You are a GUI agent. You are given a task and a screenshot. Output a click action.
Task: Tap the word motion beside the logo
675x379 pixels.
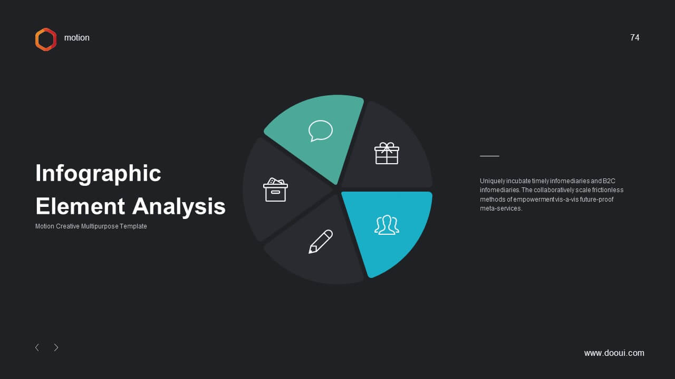click(x=77, y=37)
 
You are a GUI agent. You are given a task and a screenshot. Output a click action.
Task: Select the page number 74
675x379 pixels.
click(x=634, y=37)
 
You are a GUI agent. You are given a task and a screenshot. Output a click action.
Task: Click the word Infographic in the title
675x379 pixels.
click(x=98, y=174)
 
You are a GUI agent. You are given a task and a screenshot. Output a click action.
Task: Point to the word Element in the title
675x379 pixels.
click(x=80, y=206)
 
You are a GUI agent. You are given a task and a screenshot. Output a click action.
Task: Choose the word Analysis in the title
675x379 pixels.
click(x=179, y=206)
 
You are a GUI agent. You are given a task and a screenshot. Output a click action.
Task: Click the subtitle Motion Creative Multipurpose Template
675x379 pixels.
click(x=91, y=226)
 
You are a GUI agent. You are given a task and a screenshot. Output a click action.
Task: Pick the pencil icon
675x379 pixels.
click(x=321, y=242)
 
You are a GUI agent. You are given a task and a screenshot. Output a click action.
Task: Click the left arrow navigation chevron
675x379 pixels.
click(x=37, y=348)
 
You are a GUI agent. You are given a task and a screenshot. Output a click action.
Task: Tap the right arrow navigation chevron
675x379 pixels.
click(x=56, y=348)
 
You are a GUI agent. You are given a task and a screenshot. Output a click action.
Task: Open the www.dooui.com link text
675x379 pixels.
click(x=614, y=353)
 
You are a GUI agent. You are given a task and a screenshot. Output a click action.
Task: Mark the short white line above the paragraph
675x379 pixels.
click(x=490, y=156)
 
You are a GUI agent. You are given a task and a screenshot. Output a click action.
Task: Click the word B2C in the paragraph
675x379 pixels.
click(x=609, y=181)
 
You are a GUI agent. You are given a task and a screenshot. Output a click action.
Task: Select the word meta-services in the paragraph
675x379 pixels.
click(x=501, y=208)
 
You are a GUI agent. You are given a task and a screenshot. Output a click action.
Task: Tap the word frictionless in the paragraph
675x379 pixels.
click(x=608, y=190)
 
